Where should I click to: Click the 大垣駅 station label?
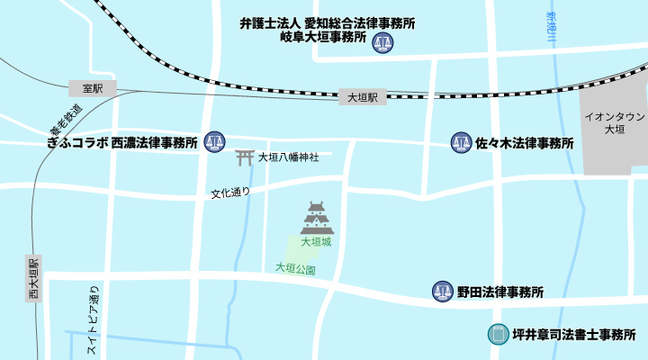[362, 96]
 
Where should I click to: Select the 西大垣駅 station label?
[34, 279]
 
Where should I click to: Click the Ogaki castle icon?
[316, 218]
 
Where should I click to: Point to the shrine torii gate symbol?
[244, 157]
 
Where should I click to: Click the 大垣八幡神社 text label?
[288, 157]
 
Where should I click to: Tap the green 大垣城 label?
[316, 241]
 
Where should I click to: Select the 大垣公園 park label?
[295, 267]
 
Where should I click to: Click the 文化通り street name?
[230, 193]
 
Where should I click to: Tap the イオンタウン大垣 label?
[614, 123]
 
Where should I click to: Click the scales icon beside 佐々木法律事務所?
[461, 141]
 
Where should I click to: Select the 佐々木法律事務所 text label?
[525, 142]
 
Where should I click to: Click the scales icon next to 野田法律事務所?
[442, 291]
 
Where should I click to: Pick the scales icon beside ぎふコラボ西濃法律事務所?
[214, 141]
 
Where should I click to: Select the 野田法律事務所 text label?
[500, 292]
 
